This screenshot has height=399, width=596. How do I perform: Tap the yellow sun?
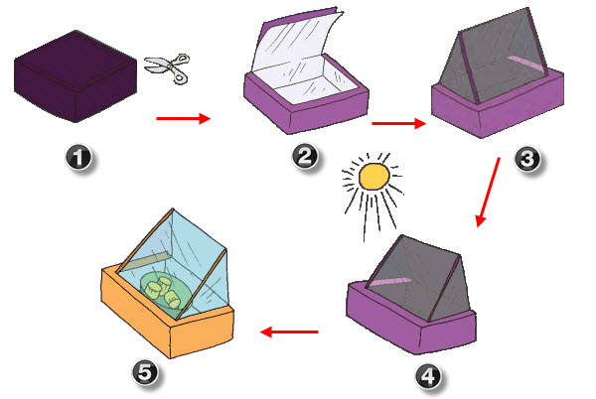coord(373,177)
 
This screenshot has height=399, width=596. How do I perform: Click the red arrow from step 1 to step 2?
coord(184,119)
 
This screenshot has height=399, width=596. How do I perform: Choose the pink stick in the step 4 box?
coord(402,286)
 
